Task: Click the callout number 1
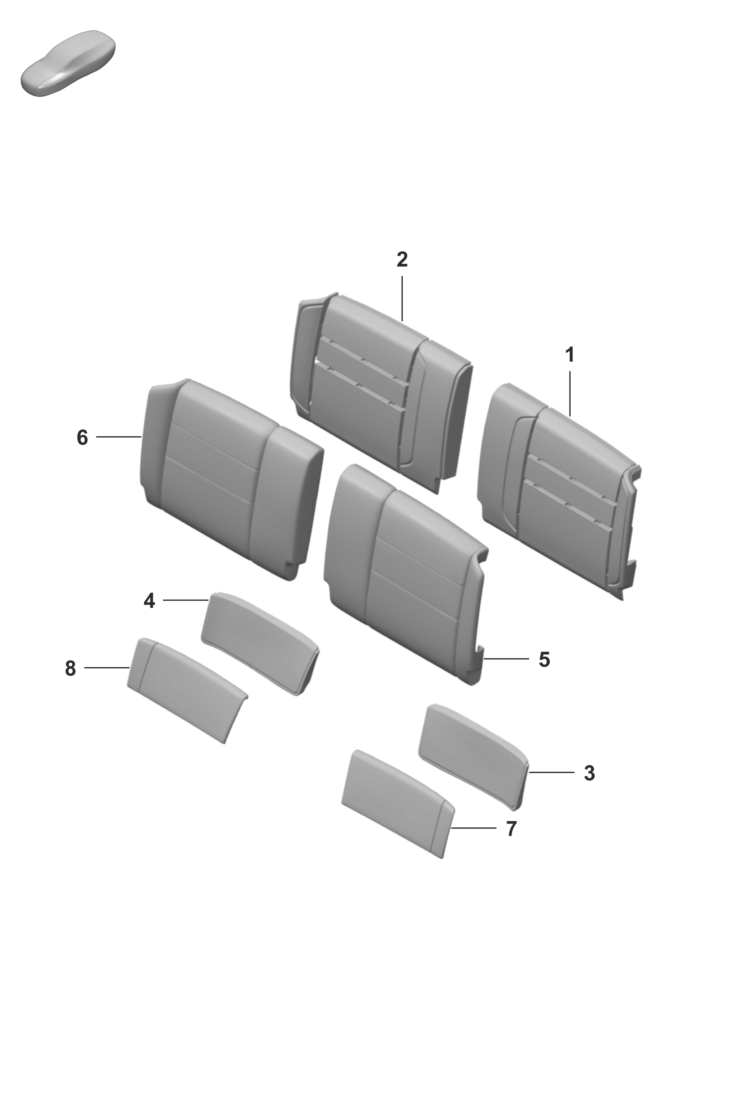click(x=569, y=355)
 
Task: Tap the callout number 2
click(x=402, y=259)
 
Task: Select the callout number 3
click(x=589, y=773)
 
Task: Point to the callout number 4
click(x=149, y=600)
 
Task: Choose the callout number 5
click(x=544, y=659)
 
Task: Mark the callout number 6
click(x=82, y=438)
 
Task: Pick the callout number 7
click(x=512, y=828)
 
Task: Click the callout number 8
click(x=71, y=668)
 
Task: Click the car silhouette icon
click(x=68, y=63)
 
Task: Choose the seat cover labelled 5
click(x=407, y=573)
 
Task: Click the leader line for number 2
click(x=402, y=298)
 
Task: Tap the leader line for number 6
click(x=118, y=437)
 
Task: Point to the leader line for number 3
click(x=551, y=773)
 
